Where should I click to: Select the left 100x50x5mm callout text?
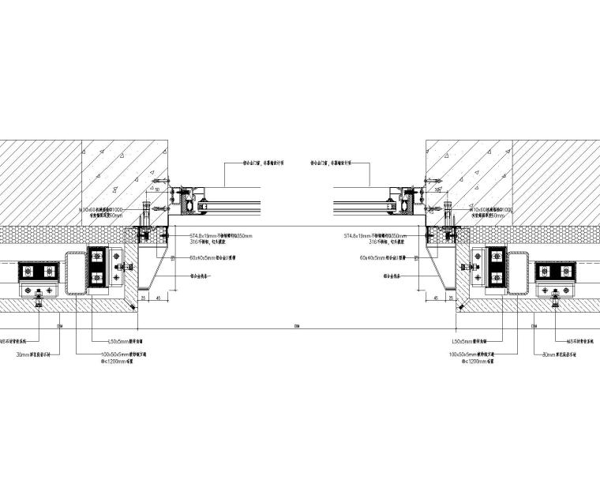[x=122, y=354]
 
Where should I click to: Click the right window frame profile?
[x=406, y=202]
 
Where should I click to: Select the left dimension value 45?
[x=159, y=298]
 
